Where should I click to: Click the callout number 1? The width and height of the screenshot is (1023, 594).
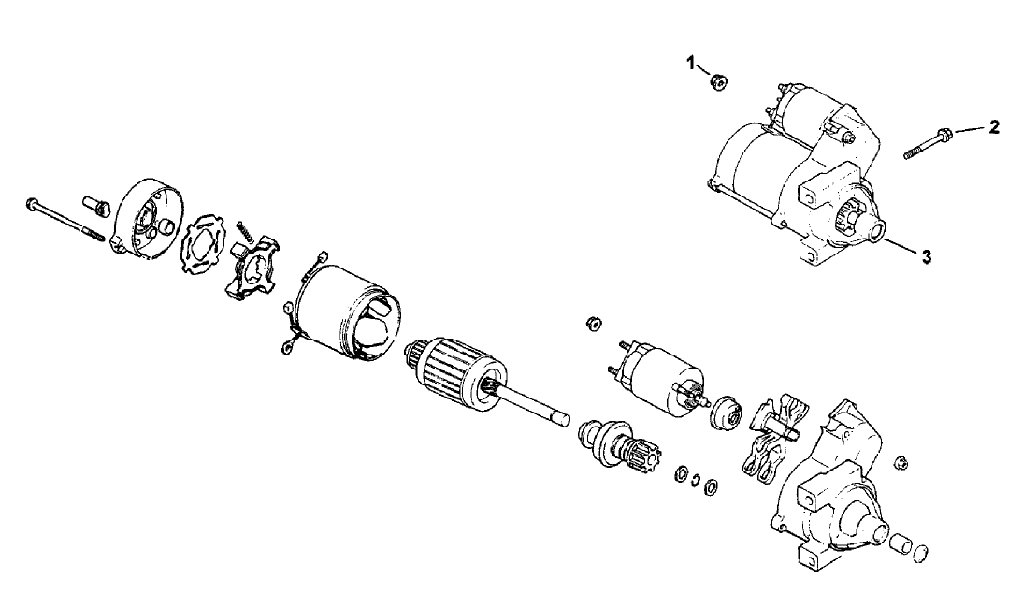coord(692,64)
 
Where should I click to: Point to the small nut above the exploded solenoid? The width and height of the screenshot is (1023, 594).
coord(592,324)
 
